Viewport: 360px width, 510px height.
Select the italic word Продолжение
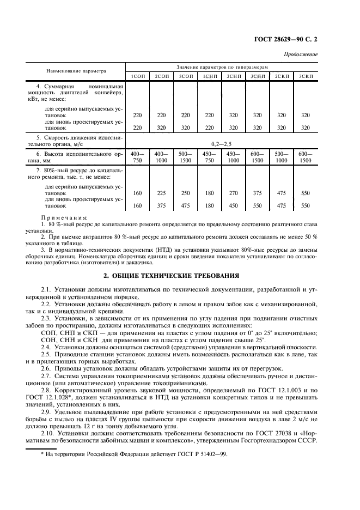(301, 54)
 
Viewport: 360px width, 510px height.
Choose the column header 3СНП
(258, 76)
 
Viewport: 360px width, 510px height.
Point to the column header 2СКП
(282, 76)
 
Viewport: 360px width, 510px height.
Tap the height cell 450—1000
(234, 157)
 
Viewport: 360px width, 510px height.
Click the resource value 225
(161, 192)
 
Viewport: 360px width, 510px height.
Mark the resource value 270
(234, 192)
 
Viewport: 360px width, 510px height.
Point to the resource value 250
(186, 192)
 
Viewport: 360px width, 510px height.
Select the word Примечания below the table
(64, 217)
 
